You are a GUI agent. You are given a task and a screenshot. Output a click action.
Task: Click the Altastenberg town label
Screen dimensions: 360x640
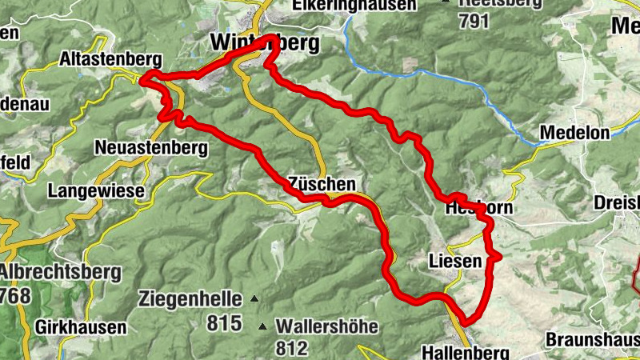click(110, 59)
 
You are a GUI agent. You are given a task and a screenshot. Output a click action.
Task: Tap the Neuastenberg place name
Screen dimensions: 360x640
click(150, 148)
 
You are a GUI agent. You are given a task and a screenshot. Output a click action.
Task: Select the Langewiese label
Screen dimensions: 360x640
click(95, 191)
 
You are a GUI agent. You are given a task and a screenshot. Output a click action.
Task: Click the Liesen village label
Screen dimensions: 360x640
click(456, 261)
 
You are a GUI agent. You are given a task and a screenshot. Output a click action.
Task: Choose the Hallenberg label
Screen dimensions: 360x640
click(465, 353)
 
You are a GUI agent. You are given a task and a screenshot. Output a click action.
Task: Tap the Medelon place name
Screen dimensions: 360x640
click(575, 133)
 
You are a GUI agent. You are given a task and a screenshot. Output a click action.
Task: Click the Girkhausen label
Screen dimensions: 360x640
click(81, 327)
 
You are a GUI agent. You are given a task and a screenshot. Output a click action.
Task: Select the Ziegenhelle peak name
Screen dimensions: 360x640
click(190, 299)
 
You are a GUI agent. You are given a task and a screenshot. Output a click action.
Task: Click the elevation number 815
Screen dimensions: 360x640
click(223, 324)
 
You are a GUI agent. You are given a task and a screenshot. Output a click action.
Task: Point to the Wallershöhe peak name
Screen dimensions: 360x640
click(328, 326)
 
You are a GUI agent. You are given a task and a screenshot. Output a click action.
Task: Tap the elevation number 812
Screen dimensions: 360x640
click(290, 348)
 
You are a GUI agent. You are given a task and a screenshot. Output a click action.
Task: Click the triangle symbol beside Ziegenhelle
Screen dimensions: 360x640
click(254, 299)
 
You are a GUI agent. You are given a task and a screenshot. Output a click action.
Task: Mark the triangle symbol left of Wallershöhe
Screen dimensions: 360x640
click(262, 326)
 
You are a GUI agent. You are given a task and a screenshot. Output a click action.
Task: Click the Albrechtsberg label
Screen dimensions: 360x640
click(59, 272)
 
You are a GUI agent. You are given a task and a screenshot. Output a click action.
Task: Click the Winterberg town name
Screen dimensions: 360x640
click(264, 42)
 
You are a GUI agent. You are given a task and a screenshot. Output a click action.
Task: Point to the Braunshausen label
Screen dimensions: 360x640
click(592, 339)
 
